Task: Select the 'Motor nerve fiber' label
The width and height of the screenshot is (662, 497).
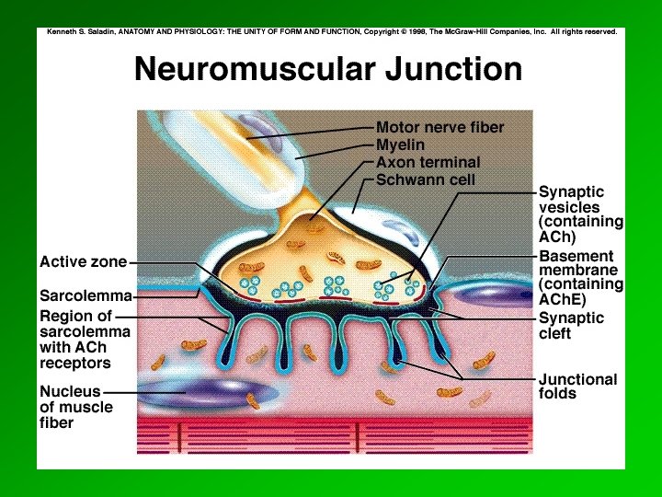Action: (440, 126)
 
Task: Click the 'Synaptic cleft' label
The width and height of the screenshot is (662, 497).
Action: (571, 325)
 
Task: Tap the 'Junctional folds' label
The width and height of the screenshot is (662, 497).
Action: (577, 386)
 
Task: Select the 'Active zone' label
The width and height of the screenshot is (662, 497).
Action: (83, 262)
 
